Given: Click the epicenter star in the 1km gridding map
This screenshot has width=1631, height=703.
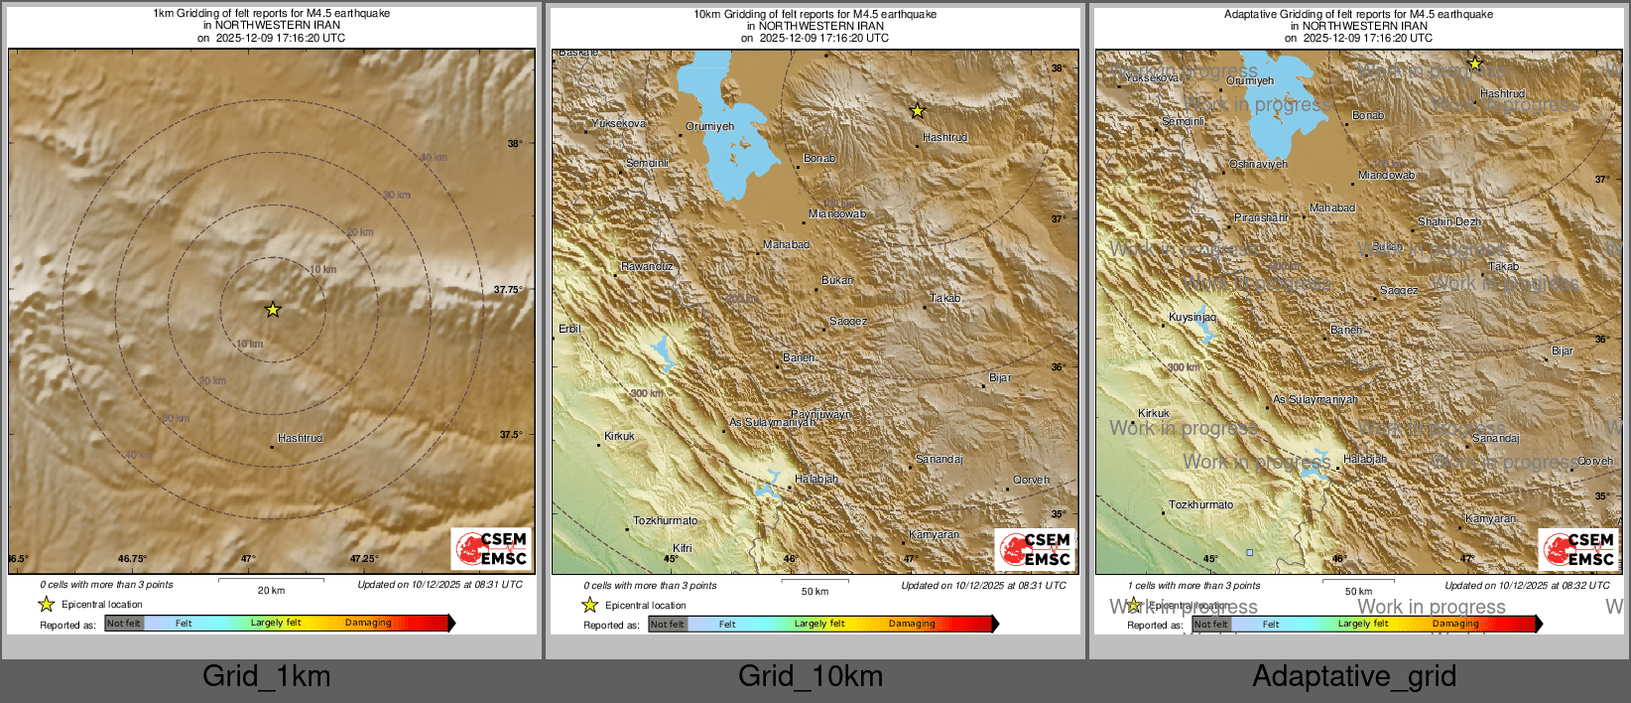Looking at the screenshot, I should (273, 310).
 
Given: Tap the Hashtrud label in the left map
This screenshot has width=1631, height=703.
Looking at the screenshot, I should (300, 438).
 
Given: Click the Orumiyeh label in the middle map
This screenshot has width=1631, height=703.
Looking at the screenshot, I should (710, 126).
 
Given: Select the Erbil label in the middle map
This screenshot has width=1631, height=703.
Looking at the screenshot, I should (569, 329).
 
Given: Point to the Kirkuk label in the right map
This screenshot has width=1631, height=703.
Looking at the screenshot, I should (1154, 413).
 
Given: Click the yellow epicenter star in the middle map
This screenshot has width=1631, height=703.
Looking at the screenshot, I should (918, 110).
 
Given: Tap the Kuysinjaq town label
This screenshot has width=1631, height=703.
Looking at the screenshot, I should (1192, 317).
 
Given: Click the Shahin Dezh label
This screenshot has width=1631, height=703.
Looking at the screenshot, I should (1448, 221).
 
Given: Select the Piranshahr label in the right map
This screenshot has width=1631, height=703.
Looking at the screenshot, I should (1261, 217).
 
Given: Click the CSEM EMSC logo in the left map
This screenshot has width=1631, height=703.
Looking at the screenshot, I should (492, 549).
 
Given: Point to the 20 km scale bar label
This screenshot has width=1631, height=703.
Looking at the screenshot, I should (271, 590).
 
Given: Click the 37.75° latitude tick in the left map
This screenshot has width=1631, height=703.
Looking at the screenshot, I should (508, 290).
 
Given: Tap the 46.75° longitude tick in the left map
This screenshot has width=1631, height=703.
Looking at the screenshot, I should (132, 559).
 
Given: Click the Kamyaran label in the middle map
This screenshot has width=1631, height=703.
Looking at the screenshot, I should (934, 534).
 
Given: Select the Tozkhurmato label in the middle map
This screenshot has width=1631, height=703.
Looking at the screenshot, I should (665, 520).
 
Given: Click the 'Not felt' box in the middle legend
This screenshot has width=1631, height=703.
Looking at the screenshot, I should (667, 625).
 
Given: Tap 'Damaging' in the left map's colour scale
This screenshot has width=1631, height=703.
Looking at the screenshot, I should (368, 623).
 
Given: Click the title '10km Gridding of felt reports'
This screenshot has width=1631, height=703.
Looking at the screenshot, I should (815, 14).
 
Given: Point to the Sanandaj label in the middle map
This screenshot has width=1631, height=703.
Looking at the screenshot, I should (939, 459).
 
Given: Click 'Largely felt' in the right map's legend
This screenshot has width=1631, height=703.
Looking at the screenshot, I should (1362, 624).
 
